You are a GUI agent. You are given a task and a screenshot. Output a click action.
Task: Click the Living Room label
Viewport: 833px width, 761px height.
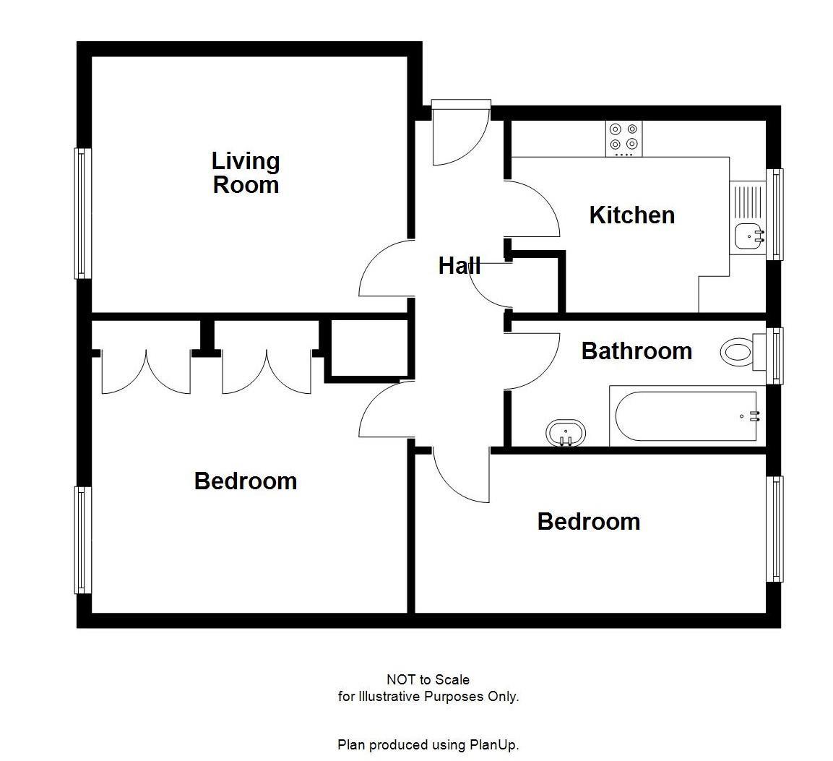coord(246,173)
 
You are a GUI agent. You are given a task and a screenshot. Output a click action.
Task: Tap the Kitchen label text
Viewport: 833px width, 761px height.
coord(631,215)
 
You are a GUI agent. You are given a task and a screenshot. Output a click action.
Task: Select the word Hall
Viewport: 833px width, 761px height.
coord(459,266)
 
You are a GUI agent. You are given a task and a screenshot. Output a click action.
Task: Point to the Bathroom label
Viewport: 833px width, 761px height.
coord(636,351)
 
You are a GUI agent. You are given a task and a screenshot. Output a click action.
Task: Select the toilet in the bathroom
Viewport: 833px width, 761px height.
coord(738,353)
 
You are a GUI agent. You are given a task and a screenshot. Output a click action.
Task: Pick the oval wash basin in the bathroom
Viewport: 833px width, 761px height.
coord(566,433)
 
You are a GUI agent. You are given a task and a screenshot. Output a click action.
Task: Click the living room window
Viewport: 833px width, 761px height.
coord(83,213)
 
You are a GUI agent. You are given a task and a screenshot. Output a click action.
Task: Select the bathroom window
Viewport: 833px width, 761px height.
coord(775,356)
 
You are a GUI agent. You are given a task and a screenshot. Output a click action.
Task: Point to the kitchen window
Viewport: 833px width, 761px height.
coord(775,214)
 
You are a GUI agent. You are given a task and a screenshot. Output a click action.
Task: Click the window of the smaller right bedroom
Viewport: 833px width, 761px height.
coord(775,528)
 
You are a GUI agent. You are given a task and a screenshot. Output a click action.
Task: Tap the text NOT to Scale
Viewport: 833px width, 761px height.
coord(428,679)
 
